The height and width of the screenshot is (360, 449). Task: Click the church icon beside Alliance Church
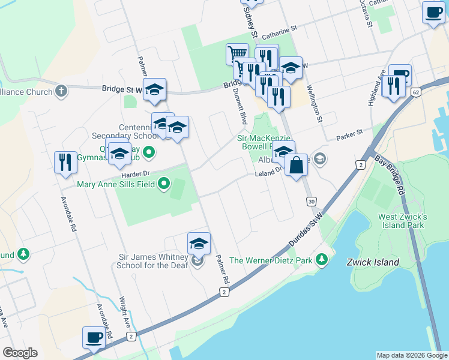point(60,91)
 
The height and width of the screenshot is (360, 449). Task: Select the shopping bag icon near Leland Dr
point(297,164)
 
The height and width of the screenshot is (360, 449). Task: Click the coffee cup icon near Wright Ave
point(94,338)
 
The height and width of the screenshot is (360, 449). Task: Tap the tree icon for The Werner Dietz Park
point(322,260)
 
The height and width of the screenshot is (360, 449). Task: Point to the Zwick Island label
point(373,262)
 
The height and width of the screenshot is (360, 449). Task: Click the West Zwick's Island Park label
point(402,221)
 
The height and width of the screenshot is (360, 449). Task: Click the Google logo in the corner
point(20,353)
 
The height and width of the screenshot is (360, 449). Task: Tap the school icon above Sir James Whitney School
point(199,244)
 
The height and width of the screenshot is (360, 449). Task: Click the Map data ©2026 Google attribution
point(411,355)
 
